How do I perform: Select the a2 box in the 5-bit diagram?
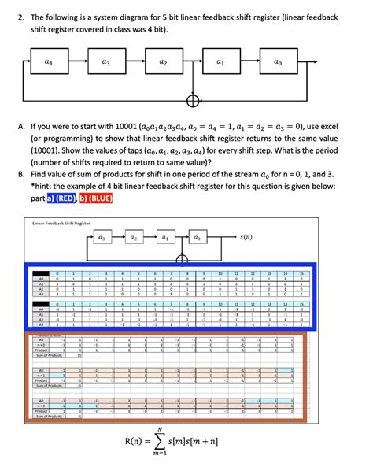(x=164, y=59)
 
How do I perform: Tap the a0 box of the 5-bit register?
(x=277, y=59)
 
